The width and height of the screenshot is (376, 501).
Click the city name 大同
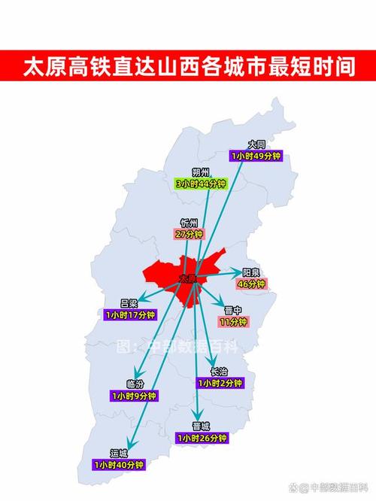256,144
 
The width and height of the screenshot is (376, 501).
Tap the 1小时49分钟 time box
256,156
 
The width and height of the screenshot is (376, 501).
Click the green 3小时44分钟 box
201,183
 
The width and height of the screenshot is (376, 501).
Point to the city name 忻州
189,223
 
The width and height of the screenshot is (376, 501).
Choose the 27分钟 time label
189,234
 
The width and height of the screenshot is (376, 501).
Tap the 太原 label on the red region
188,278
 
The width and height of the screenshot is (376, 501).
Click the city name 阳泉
251,272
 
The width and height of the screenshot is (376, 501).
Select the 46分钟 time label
251,284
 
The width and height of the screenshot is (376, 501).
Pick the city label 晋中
233,310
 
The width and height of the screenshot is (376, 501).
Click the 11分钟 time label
233,322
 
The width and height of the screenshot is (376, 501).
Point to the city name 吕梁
129,303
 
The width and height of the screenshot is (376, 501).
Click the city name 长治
220,372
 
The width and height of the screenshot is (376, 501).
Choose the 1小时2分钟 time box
220,383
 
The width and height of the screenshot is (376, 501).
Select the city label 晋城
201,426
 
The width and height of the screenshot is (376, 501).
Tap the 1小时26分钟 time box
201,437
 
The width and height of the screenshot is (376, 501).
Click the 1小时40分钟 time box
118,465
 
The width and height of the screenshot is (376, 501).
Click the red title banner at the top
188,65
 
